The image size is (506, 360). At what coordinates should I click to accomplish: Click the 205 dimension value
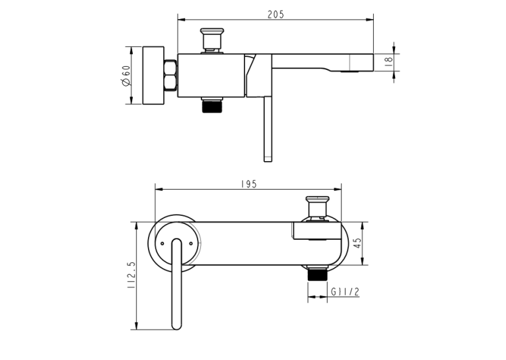point(275,15)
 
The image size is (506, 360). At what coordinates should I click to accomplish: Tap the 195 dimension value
point(249,184)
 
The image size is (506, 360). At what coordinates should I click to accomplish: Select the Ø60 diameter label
point(126,76)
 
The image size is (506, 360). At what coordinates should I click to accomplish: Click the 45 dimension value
point(358,243)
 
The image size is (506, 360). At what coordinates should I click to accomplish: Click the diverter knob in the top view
point(212,40)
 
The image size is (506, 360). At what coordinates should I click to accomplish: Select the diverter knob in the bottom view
point(318,207)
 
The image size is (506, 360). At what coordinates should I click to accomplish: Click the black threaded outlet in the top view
point(212,106)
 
